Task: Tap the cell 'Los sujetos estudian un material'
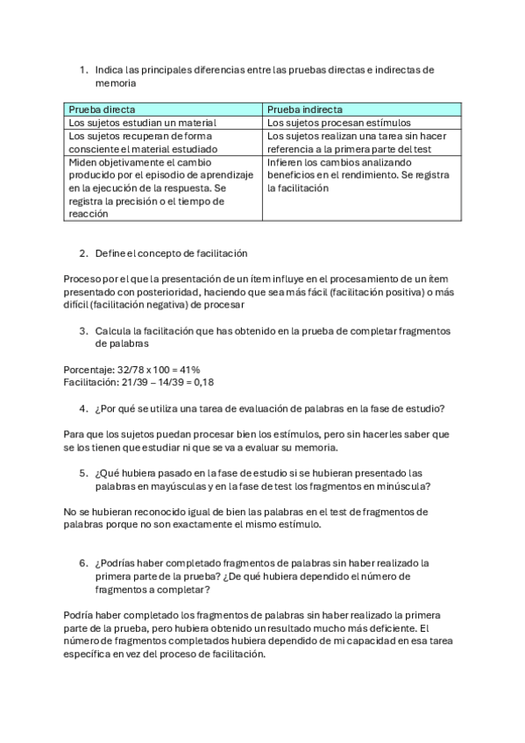pyautogui.click(x=136, y=123)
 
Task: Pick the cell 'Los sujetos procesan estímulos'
pyautogui.click(x=338, y=123)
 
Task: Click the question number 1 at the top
pyautogui.click(x=82, y=69)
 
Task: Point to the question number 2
pyautogui.click(x=82, y=253)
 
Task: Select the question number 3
pyautogui.click(x=82, y=330)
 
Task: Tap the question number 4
pyautogui.click(x=82, y=407)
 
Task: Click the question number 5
pyautogui.click(x=82, y=472)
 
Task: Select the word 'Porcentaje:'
pyautogui.click(x=89, y=370)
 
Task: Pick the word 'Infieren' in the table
pyautogui.click(x=284, y=162)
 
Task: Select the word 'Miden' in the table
pyautogui.click(x=82, y=162)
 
